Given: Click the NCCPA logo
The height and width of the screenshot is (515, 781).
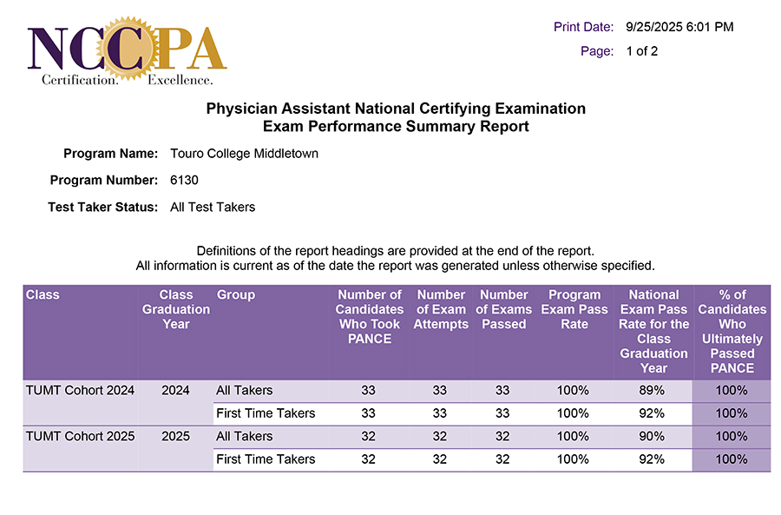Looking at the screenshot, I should (127, 49).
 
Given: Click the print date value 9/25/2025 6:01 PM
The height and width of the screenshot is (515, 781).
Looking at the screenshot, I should (679, 27).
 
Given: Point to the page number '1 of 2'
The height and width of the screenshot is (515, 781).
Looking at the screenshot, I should (642, 51).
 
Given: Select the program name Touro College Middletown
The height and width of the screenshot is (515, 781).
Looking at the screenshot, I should (245, 154).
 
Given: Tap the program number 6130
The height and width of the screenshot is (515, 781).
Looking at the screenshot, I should (185, 181).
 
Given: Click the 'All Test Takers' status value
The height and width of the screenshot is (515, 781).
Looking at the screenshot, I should (213, 207).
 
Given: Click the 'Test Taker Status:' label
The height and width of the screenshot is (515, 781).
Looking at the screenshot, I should (102, 207).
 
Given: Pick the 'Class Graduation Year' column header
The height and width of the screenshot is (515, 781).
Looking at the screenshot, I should (175, 309).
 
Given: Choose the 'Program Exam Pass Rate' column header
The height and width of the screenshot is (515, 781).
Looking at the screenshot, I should (574, 309).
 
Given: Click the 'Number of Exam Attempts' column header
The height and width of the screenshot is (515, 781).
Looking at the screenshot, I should (441, 309).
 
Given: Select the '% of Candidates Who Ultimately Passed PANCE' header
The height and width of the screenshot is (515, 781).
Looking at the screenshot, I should (732, 331).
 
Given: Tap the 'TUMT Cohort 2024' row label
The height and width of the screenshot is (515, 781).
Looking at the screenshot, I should (80, 390).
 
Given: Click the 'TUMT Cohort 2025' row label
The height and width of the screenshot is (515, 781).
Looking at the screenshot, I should (80, 436).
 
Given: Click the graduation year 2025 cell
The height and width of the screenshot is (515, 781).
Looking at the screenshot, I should (175, 436).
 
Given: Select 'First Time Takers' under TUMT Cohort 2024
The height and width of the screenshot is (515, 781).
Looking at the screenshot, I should (266, 413).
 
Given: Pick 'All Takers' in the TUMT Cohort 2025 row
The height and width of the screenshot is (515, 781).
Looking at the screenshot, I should (245, 436).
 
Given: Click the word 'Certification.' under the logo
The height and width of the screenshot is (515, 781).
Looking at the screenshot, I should (80, 81).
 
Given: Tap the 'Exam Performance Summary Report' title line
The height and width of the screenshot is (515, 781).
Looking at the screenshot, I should (396, 127).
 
